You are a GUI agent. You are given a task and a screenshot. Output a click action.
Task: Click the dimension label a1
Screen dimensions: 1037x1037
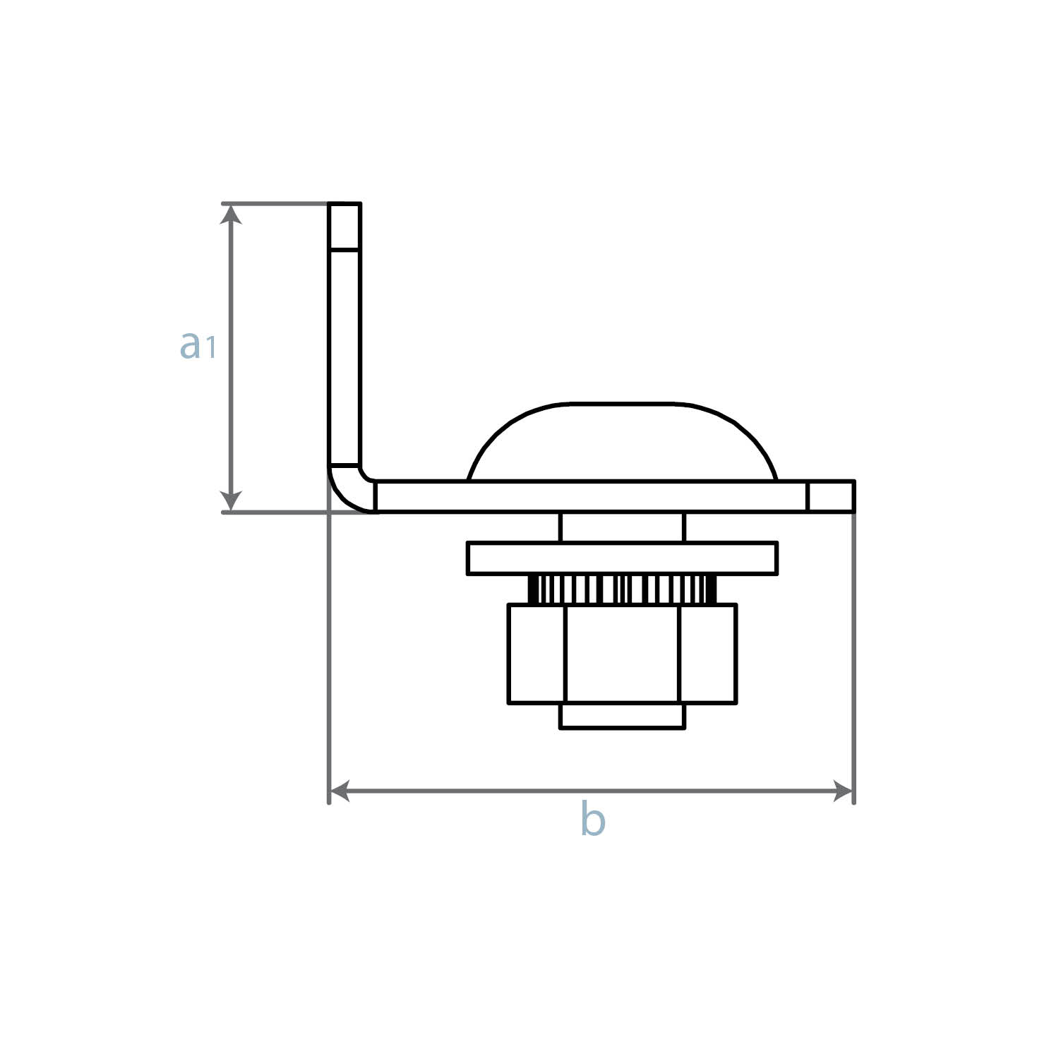tap(197, 345)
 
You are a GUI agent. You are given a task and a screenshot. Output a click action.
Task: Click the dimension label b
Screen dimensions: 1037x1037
tap(593, 820)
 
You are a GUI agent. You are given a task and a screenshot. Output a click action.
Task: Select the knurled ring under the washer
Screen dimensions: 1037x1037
tap(622, 589)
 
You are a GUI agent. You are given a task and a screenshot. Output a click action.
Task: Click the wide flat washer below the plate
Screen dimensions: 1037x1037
tap(622, 558)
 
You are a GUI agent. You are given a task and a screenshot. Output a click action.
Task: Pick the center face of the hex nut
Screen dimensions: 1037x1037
tap(622, 653)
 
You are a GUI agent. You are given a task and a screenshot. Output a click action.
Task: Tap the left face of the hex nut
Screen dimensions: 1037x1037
tap(537, 653)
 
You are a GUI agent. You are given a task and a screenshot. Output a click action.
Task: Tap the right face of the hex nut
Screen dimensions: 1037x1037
tap(708, 653)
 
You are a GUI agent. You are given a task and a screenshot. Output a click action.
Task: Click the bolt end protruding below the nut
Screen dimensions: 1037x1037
tap(622, 715)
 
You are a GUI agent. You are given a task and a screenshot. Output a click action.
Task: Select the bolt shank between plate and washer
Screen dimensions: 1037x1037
tap(622, 527)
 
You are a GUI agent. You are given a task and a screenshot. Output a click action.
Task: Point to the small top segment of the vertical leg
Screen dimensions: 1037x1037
tap(344, 226)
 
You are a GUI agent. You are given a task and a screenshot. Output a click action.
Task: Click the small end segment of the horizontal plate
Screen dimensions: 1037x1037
tap(831, 496)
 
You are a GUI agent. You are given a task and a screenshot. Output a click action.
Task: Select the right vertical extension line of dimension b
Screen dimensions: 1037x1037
tap(854, 657)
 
